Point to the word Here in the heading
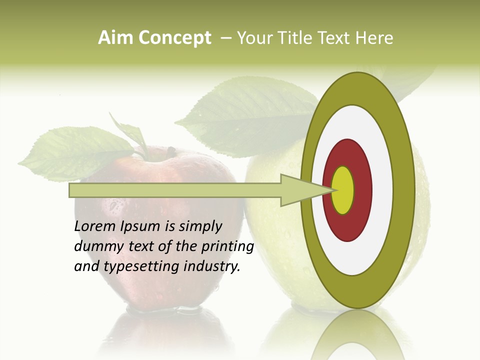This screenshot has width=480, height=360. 374,38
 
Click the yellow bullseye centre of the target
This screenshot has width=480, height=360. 343,190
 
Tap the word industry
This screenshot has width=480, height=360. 212,266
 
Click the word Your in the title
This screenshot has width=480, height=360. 252,38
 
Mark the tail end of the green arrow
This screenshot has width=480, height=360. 71,190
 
